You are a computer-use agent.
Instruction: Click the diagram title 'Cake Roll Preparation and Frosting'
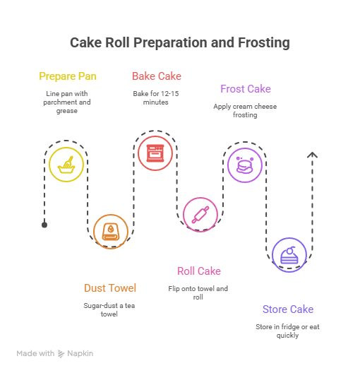180,43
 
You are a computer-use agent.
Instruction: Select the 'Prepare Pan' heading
68,76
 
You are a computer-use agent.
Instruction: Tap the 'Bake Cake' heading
156,76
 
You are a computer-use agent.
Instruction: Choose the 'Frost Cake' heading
245,89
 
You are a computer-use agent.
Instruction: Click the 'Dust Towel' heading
110,288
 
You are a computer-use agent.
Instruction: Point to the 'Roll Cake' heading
198,271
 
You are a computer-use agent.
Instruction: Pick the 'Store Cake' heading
287,309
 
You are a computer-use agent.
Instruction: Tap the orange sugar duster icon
111,231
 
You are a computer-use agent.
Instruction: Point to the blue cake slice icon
289,256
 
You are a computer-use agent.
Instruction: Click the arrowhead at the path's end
311,155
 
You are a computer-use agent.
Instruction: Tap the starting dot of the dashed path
44,225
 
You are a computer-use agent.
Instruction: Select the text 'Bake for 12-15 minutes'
156,97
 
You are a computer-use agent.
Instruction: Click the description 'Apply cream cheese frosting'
245,110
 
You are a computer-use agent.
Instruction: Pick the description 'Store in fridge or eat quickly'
287,331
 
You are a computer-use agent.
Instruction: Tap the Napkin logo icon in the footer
61,353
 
